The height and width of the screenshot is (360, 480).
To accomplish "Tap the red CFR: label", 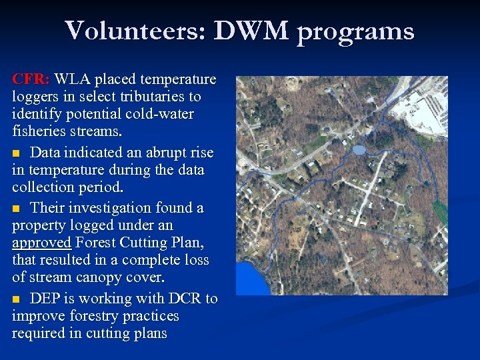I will tap(31, 79).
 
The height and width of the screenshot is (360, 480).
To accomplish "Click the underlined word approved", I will tap(41, 242).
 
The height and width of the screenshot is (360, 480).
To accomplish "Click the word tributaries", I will tap(153, 97).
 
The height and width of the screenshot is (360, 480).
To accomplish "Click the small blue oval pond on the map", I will tap(359, 150).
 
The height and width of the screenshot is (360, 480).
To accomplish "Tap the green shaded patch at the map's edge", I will tap(440, 212).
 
